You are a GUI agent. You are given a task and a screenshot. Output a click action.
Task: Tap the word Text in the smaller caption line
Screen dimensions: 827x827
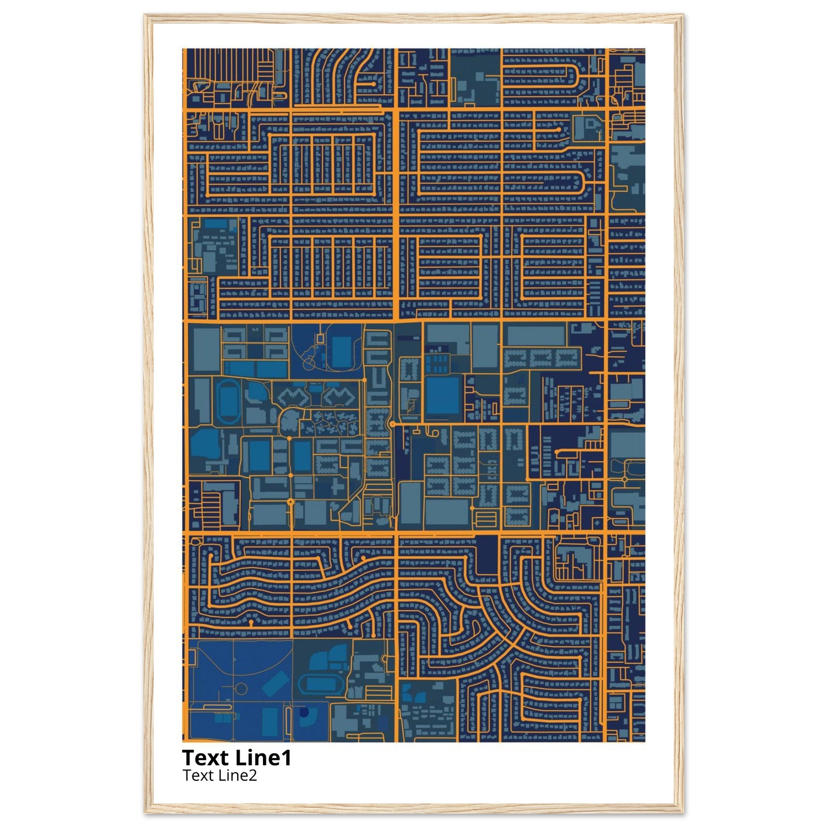click(x=194, y=775)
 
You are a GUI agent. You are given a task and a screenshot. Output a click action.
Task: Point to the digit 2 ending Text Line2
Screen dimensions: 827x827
click(x=253, y=775)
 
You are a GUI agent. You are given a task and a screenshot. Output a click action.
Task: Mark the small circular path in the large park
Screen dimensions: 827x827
click(x=241, y=689)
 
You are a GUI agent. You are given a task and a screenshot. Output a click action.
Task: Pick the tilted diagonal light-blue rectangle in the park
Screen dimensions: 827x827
click(x=275, y=683)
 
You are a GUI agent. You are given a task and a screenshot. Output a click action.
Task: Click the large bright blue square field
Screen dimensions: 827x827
click(x=442, y=395)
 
